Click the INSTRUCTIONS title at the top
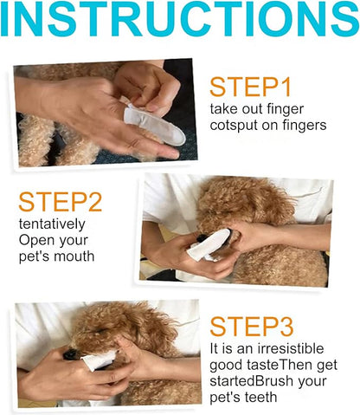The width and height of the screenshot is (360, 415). point(180,18)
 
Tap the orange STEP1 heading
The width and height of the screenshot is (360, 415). point(250,87)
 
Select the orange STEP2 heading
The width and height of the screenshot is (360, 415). point(60,202)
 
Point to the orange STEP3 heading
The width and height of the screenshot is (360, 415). point(252,327)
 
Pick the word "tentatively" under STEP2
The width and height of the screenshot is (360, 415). point(52,224)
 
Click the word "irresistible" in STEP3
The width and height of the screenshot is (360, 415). point(290,348)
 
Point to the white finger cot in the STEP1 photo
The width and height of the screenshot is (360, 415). point(154,125)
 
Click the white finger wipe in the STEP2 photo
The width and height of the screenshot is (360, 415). point(209,245)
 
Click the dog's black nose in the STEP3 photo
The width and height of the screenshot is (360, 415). point(70,354)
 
